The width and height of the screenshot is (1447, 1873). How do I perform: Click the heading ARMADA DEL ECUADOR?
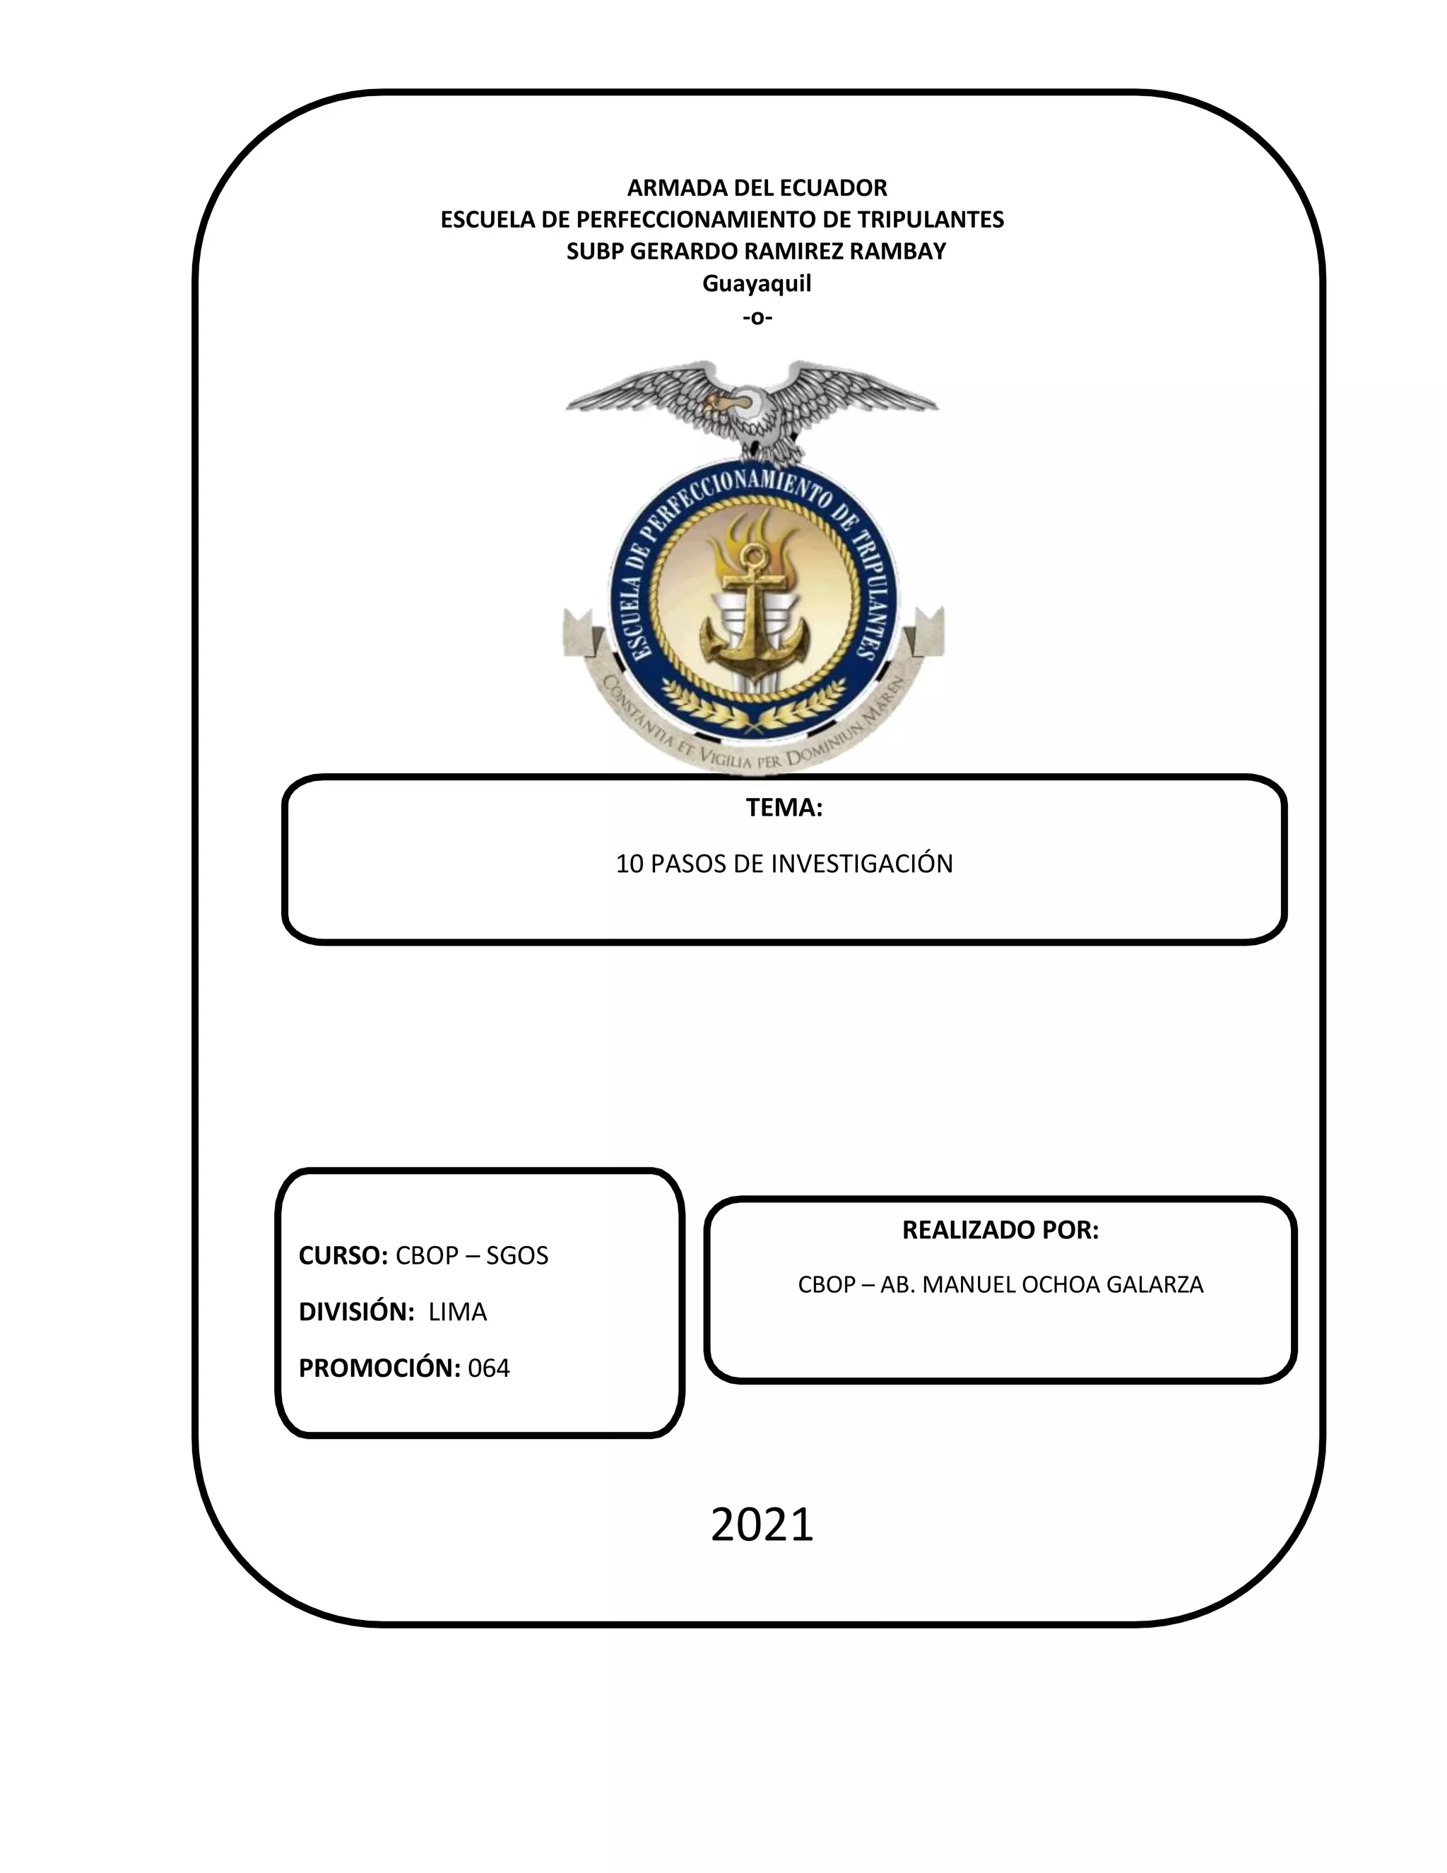coord(757,188)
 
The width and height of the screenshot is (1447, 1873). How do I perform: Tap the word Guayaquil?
coord(756,284)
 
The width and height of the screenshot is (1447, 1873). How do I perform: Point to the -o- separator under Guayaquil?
coord(757,317)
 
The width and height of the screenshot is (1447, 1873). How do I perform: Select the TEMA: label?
coord(784,808)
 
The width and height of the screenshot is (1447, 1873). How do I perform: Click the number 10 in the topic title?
coord(630,864)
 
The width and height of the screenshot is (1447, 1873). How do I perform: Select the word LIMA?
coord(458,1312)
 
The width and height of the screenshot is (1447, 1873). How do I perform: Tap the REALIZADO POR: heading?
coord(1000,1230)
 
